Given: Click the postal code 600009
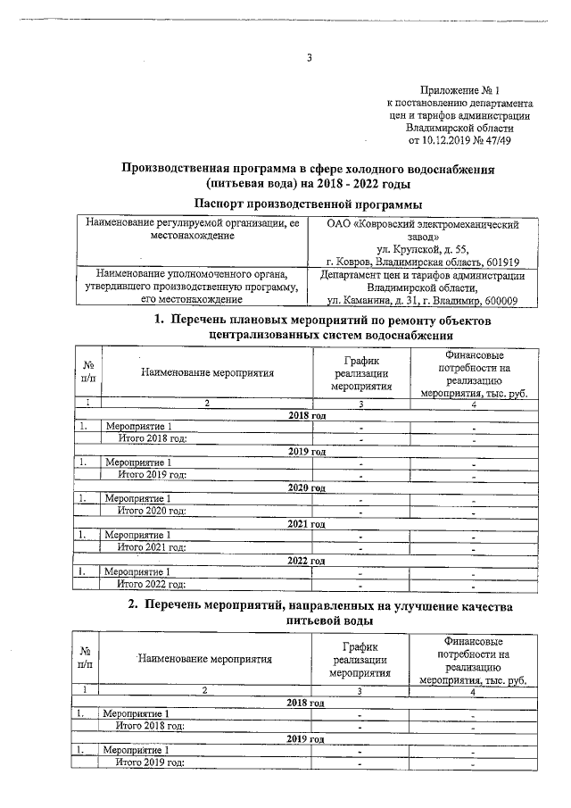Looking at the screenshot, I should click(507, 301).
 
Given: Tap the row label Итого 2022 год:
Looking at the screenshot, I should click(152, 585).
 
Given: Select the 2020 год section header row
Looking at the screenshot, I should click(307, 487).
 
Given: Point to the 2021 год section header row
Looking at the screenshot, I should click(307, 523).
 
